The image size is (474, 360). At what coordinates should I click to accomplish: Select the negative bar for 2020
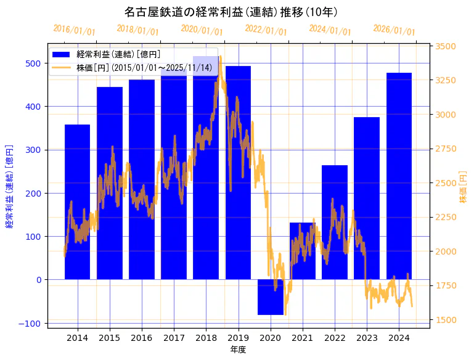[x=271, y=297]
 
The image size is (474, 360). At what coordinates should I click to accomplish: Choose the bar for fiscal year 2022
[x=335, y=222]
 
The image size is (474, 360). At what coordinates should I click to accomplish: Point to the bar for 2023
[x=367, y=198]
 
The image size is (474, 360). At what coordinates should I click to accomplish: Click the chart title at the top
[x=231, y=12]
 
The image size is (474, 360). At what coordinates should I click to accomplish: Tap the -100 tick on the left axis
[x=33, y=323]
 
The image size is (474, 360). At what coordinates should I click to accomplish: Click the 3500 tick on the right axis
[x=446, y=46]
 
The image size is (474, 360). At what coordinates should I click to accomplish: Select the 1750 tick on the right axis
[x=446, y=285]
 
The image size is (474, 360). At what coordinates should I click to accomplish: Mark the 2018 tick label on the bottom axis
[x=206, y=338]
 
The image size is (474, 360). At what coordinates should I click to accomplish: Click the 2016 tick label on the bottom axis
[x=142, y=338]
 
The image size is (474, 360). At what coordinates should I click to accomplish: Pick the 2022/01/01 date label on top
[x=266, y=30]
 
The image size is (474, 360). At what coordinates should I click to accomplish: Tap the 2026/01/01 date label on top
[x=394, y=30]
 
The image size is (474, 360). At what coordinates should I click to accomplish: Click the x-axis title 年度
[x=238, y=350]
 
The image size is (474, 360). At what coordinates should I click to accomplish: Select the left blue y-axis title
[x=10, y=186]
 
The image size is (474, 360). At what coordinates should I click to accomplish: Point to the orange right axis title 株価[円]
[x=464, y=186]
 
